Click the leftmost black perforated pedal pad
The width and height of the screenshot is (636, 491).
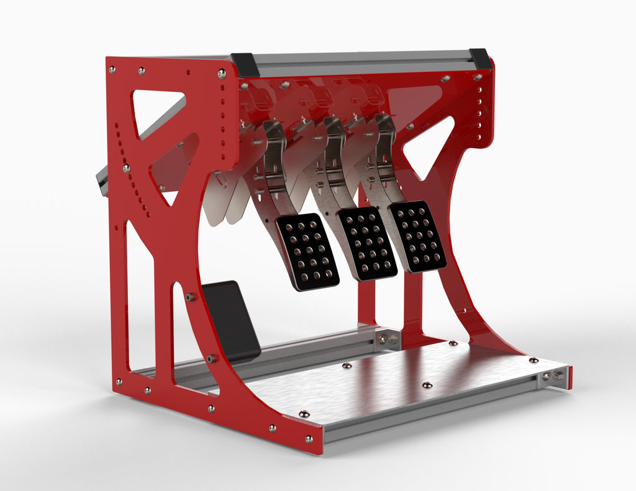pos(307,251)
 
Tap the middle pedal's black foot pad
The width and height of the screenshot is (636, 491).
pos(367,243)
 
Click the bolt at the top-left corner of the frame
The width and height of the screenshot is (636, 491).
pos(112,69)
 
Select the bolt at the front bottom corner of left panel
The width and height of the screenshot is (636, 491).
pos(309,439)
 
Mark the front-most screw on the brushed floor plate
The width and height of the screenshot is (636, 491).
pos(304,414)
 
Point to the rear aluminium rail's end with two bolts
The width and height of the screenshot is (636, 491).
pos(388,339)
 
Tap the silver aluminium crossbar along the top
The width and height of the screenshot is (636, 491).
pos(360,63)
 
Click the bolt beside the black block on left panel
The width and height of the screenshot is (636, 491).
pos(191,297)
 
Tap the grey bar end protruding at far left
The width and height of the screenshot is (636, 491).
pos(101,181)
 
